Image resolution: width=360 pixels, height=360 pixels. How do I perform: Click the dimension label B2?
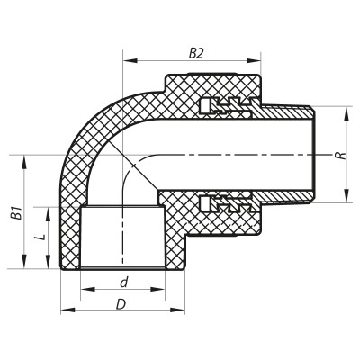coord(195,53)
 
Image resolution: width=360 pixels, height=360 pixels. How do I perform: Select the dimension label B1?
coord(13,213)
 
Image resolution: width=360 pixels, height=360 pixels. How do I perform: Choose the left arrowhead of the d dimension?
coord(84,291)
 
